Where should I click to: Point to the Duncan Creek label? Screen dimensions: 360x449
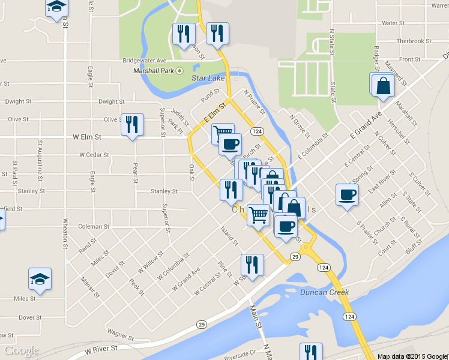(x=325, y=293)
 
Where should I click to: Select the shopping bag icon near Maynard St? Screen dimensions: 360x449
(x=382, y=86)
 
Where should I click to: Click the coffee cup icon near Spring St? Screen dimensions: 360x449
(x=347, y=194)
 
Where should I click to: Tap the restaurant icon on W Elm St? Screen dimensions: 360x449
(x=132, y=124)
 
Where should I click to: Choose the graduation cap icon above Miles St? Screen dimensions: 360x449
(x=40, y=278)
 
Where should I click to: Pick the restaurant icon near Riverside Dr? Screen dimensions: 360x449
(x=311, y=352)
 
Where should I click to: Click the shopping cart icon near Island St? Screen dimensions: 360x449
(x=258, y=214)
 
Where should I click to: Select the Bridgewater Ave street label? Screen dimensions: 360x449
(x=144, y=61)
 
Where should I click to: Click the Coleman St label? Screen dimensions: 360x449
(x=91, y=226)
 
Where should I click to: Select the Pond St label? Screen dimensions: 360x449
(x=211, y=95)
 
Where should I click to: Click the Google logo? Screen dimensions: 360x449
(x=21, y=350)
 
